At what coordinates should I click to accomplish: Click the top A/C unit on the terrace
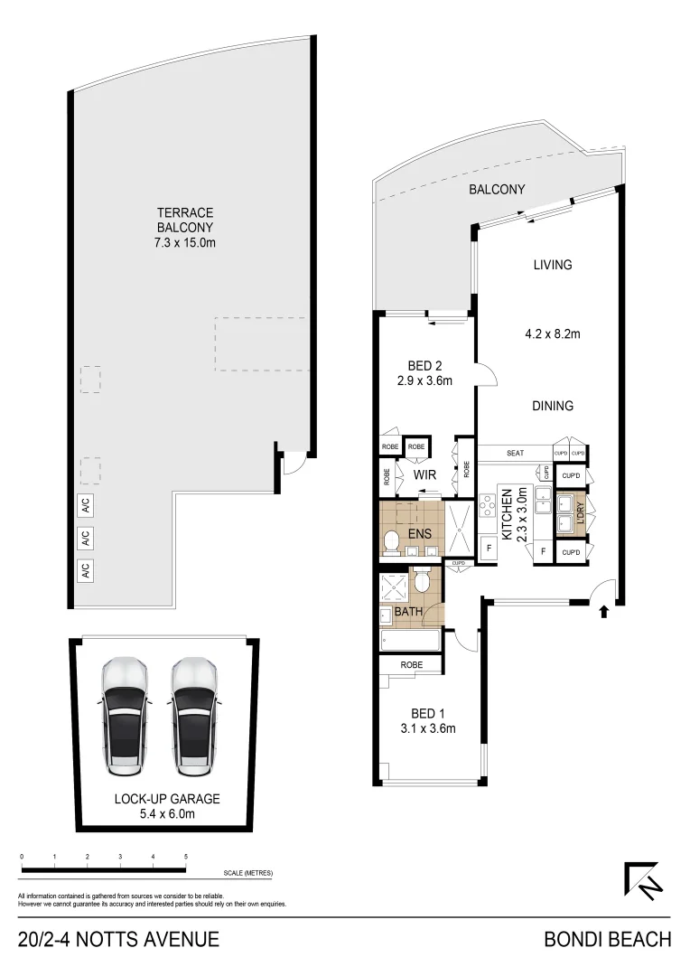[x=86, y=508]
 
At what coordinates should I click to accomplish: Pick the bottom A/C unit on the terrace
[x=86, y=571]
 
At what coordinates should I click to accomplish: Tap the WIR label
[x=425, y=474]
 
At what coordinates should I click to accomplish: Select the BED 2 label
[x=424, y=366]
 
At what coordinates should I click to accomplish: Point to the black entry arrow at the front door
[x=603, y=612]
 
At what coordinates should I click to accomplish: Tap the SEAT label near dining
[x=516, y=453]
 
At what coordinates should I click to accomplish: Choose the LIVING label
[x=553, y=265]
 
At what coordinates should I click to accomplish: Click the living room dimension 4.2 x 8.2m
[x=553, y=333]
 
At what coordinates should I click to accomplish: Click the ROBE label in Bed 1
[x=411, y=664]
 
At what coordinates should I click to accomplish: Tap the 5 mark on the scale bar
[x=186, y=856]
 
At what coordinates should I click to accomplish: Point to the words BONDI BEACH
[x=607, y=940]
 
